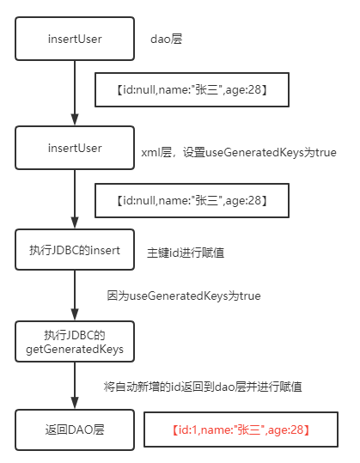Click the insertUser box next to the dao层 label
pos(75,39)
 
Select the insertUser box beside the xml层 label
pos(75,148)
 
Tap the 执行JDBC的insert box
pos(75,250)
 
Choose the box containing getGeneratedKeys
pos(75,342)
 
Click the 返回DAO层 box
pos(75,429)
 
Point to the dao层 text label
pos(167,39)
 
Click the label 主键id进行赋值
pos(186,253)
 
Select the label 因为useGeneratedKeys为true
pos(184,295)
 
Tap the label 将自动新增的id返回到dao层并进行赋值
pos(203,387)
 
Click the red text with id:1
pos(241,429)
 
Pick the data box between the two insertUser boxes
pos(192,89)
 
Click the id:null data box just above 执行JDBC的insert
pos(192,200)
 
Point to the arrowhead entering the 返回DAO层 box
pos(75,403)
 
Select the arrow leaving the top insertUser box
pos(75,93)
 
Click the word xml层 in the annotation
pos(156,153)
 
